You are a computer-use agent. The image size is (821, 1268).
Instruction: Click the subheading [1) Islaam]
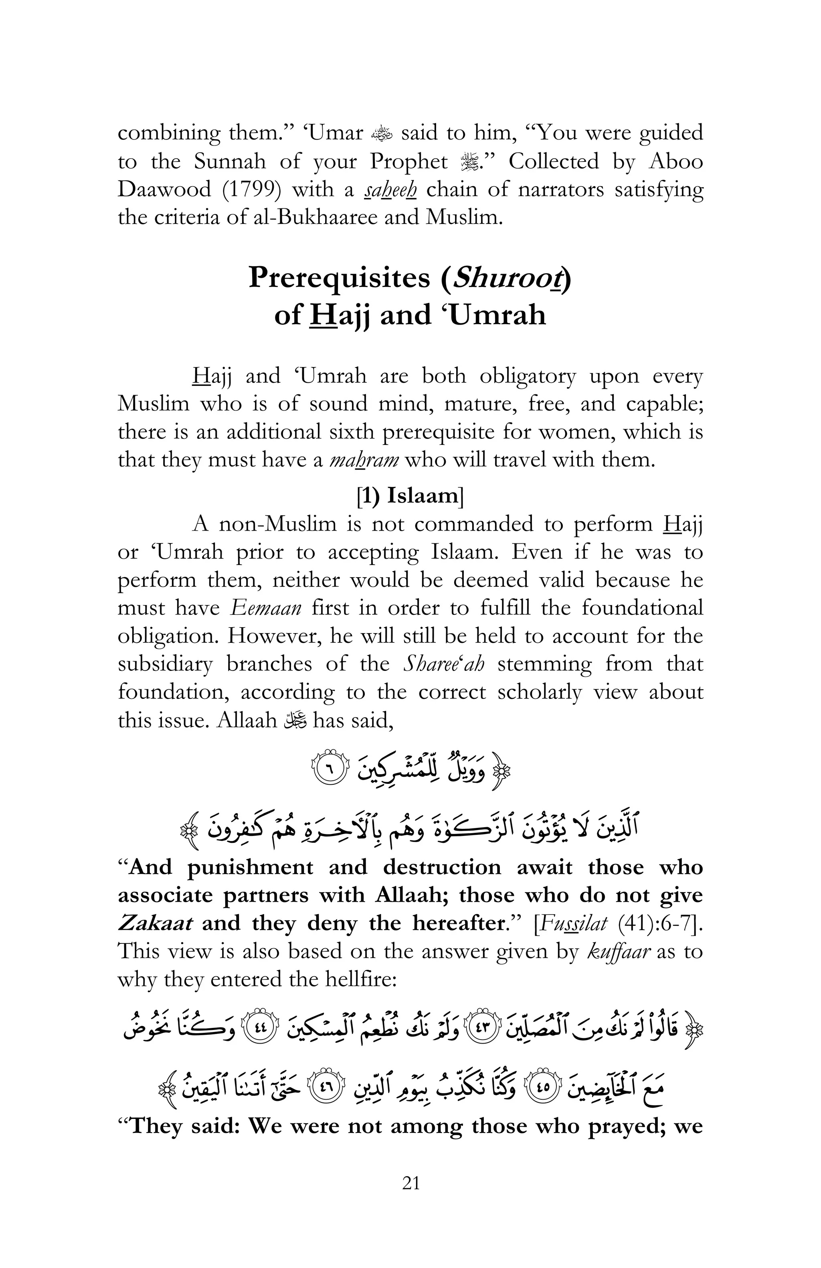[410, 495]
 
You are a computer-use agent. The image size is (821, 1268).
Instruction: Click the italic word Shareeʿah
[444, 664]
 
